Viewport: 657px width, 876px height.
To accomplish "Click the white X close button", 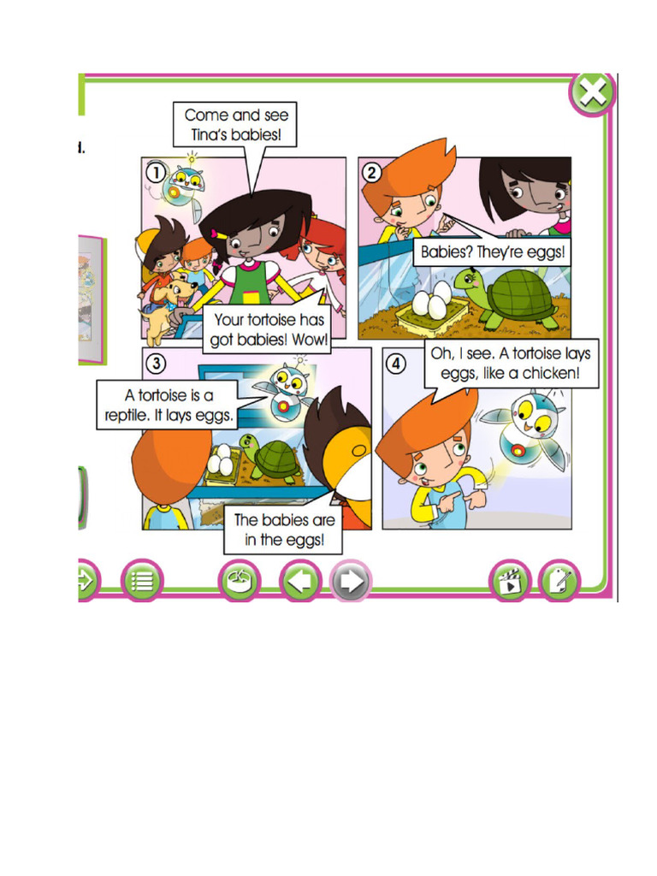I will [592, 92].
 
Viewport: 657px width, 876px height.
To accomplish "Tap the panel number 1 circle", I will [154, 171].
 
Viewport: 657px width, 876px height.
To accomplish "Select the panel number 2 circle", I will [370, 171].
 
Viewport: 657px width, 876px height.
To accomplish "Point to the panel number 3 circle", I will [155, 363].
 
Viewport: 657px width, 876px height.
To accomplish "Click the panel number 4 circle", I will [394, 363].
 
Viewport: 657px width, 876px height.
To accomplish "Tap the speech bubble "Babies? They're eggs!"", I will [493, 253].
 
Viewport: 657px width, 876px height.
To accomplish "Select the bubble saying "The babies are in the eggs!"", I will [285, 530].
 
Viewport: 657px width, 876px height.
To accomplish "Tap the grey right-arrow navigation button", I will [351, 583].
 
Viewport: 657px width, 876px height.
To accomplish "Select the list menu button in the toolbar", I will [141, 582].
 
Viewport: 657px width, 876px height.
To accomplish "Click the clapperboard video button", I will [510, 583].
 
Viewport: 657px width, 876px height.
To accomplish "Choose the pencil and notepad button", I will [559, 583].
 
